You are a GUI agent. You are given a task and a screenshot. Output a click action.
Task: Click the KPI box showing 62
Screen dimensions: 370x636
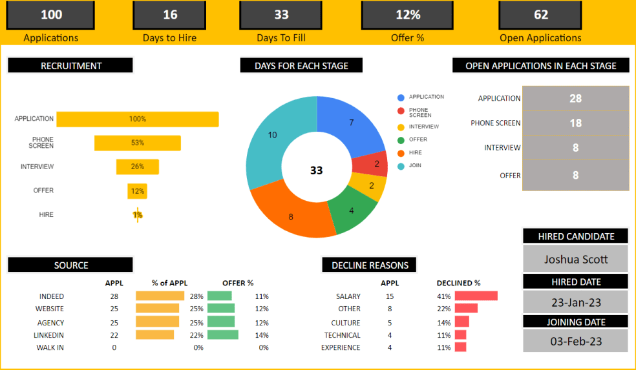541,15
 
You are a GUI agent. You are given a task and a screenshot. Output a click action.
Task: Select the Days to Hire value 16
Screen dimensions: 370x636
169,15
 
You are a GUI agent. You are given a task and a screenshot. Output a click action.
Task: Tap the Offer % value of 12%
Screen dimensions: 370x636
407,15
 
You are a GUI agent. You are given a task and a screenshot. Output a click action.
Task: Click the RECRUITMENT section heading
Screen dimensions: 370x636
70,65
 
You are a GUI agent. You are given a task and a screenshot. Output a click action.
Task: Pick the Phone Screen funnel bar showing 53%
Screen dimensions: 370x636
138,143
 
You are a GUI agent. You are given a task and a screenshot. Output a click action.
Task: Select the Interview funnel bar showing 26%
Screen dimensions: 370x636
138,167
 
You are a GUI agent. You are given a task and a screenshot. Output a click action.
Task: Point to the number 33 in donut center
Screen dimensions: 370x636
316,170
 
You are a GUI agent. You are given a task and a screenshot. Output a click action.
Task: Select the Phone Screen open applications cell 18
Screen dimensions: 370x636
575,123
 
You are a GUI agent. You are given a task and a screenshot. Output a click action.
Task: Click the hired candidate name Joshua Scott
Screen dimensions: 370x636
575,259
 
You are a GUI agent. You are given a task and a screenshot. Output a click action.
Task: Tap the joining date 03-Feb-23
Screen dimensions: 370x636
575,340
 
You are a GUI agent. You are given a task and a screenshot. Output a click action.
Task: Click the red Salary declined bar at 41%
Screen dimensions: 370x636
476,296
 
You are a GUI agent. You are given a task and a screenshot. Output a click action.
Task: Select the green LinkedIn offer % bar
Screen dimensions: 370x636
222,335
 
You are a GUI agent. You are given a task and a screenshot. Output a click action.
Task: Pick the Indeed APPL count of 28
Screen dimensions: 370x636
114,296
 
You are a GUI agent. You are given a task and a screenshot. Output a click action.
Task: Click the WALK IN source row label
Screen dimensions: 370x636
50,347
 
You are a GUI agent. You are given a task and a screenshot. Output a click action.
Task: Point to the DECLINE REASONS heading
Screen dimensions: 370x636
370,265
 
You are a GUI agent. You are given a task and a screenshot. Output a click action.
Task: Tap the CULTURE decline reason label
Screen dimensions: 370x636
346,322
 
